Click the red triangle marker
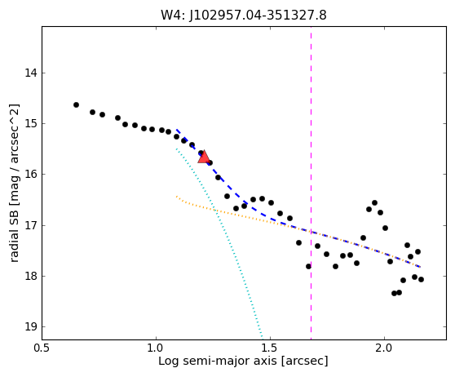tap(204, 157)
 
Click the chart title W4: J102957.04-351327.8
tap(244, 16)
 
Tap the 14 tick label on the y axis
tap(31, 73)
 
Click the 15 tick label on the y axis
tap(31, 123)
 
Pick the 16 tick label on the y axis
tap(31, 175)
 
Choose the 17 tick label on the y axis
tap(31, 225)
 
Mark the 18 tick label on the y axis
tap(31, 276)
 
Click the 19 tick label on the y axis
tap(31, 326)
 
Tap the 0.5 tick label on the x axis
tap(42, 348)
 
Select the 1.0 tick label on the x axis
tap(156, 348)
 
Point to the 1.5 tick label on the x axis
tap(270, 348)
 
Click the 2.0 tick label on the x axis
tap(384, 348)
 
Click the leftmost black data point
tap(76, 104)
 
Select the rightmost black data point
tap(421, 279)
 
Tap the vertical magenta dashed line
tap(311, 183)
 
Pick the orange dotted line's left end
tap(176, 197)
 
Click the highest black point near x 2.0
tap(374, 202)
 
